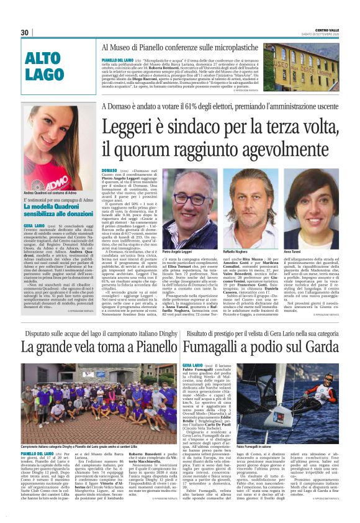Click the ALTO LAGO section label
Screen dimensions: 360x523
click(45, 67)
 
